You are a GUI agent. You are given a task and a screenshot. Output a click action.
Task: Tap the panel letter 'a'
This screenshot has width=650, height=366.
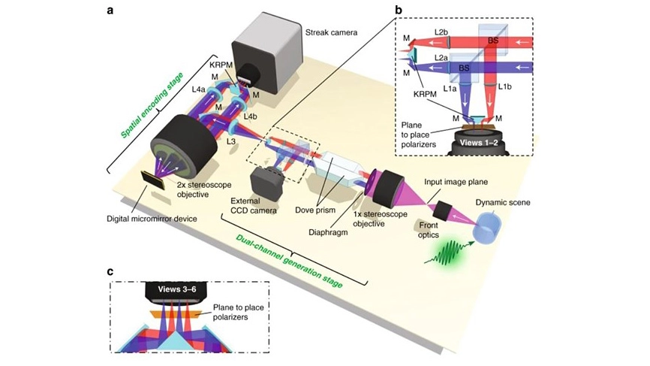(110, 11)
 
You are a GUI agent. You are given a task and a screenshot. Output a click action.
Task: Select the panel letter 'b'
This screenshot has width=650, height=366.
(399, 10)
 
